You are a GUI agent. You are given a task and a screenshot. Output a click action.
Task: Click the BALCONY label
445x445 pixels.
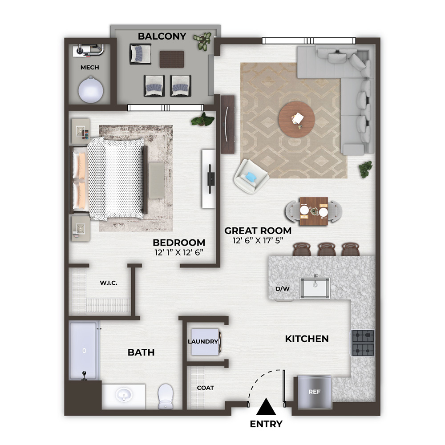pos(162,36)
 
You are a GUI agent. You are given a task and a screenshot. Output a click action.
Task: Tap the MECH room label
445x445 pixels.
pos(90,67)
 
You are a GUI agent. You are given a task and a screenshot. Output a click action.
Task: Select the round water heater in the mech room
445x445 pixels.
pos(90,90)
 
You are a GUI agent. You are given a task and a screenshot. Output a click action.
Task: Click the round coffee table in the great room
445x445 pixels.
pos(296,119)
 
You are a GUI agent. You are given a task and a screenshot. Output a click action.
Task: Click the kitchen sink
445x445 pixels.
pos(315,288)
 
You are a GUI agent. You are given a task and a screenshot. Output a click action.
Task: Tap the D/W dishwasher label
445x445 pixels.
pos(283,289)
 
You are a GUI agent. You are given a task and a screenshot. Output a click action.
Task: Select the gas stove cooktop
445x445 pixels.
pos(363,343)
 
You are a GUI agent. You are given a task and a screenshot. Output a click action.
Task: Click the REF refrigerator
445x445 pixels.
pos(315,392)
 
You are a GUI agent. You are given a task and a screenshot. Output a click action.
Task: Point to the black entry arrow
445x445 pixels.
pos(266,407)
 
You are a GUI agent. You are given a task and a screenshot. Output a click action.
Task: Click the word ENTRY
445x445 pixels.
pos(266,424)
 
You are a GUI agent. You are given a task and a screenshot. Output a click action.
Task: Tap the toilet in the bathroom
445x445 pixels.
pos(166,396)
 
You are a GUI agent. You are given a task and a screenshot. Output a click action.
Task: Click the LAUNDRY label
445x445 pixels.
pos(203,341)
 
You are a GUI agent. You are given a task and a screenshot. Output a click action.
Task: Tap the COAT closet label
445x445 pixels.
pos(206,388)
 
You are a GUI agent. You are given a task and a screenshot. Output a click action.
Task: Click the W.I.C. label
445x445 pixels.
pos(109,283)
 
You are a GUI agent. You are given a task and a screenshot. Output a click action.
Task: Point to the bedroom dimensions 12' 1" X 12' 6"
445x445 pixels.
pos(179,252)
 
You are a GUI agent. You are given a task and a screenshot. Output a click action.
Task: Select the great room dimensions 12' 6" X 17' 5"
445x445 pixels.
pos(258,240)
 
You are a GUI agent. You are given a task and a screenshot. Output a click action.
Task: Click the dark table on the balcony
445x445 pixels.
pos(172,59)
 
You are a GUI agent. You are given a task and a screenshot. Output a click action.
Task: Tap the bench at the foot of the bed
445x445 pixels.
pos(157,181)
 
